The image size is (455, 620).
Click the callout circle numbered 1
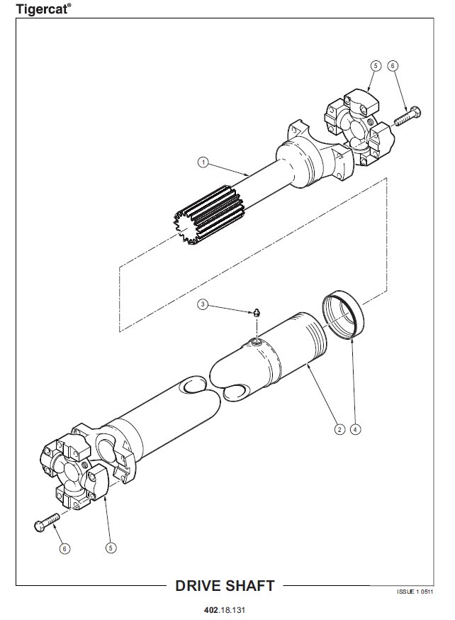[203, 162]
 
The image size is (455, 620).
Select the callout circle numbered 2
[339, 429]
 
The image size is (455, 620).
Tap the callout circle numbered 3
[203, 304]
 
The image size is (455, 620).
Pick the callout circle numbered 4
[356, 429]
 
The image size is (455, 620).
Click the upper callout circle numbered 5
[376, 66]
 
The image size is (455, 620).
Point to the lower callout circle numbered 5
[111, 548]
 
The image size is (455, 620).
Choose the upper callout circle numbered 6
[392, 66]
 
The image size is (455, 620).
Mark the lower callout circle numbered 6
[64, 548]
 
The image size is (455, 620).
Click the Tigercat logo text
[42, 9]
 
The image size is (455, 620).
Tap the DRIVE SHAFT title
[225, 586]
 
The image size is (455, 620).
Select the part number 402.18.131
[225, 610]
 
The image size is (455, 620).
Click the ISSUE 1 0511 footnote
[415, 592]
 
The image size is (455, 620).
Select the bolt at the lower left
[47, 522]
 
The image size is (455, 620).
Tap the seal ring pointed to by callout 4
[343, 314]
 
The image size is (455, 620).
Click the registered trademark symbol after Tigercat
[69, 5]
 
